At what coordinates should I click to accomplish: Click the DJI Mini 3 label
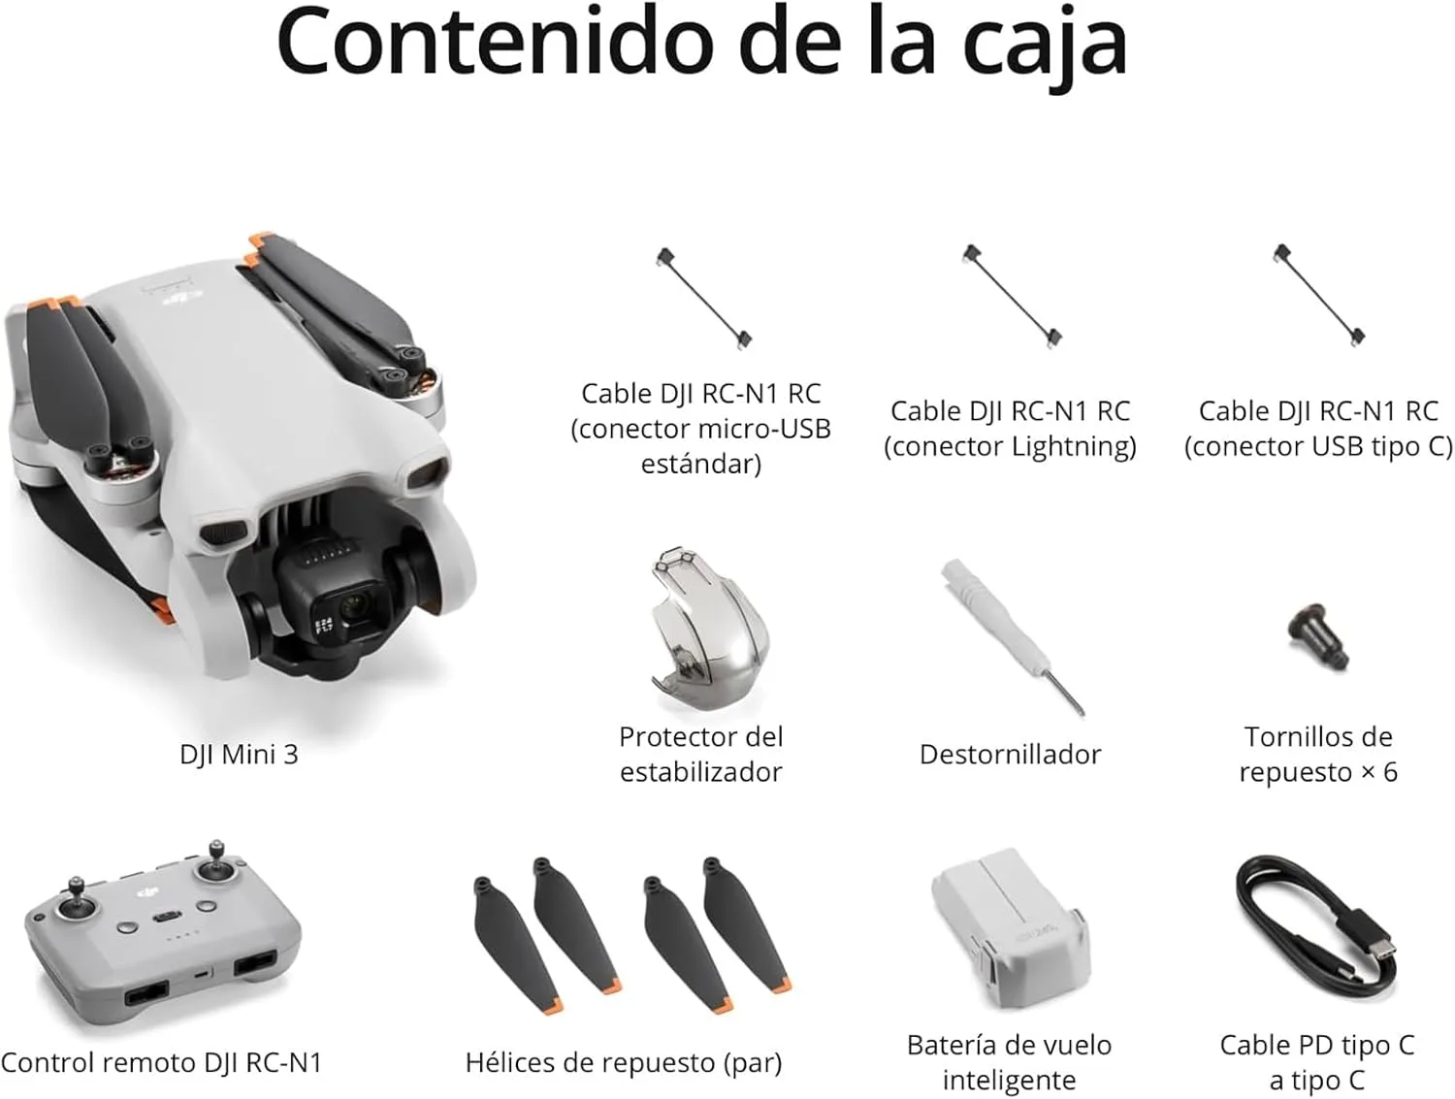240,754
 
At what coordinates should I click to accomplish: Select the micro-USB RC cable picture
703,298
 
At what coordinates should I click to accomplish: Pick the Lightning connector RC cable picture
1013,296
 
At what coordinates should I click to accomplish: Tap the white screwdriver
1013,636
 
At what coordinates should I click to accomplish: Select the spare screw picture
1317,635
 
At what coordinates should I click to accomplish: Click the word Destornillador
1010,755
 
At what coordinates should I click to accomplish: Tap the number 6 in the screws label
1389,772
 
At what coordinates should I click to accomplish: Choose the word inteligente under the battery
1009,1080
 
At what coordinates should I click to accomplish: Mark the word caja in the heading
1045,44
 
